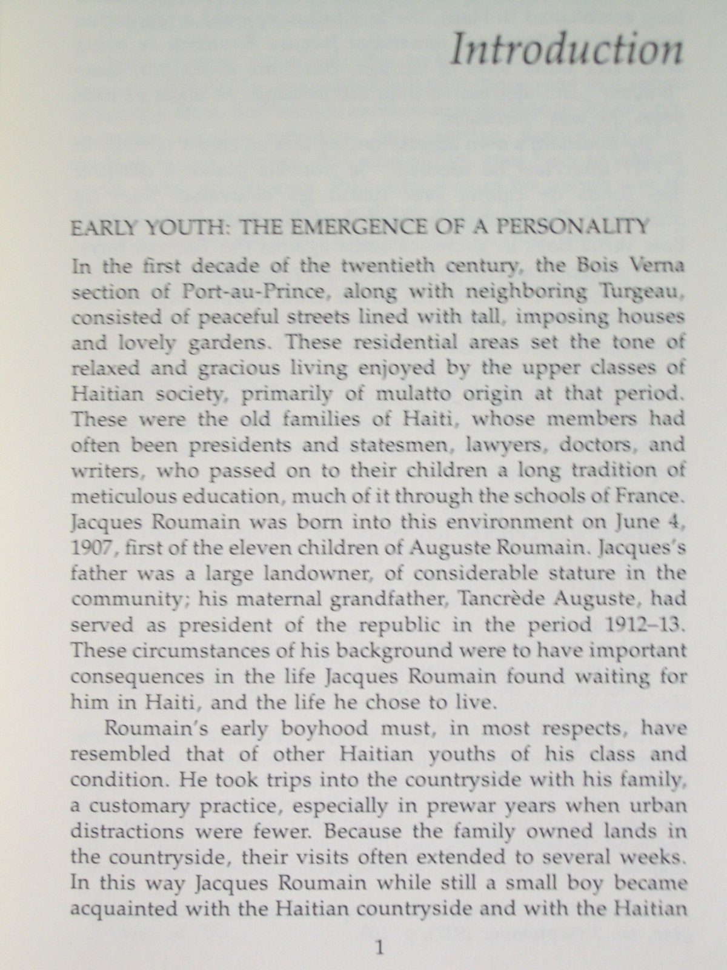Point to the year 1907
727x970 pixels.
(x=91, y=547)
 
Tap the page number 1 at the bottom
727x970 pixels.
(x=379, y=948)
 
